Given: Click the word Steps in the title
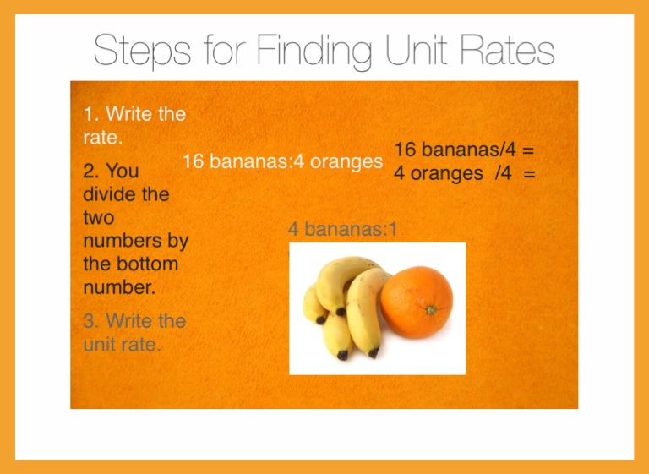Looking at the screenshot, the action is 142,51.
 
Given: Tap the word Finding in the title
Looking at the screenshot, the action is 315,51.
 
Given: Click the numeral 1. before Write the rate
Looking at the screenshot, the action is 90,114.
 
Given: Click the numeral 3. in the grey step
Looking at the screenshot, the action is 91,321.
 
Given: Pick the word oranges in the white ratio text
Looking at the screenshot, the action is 346,162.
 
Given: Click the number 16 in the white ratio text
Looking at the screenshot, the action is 193,161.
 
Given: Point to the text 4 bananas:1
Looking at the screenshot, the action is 342,229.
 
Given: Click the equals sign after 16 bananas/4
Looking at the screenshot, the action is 527,150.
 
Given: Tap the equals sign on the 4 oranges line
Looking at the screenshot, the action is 529,173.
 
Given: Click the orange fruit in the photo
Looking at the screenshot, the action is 417,302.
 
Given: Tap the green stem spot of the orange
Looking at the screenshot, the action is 431,309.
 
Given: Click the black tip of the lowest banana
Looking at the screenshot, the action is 343,355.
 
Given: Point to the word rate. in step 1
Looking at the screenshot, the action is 103,138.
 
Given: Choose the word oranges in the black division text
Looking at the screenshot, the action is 446,174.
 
